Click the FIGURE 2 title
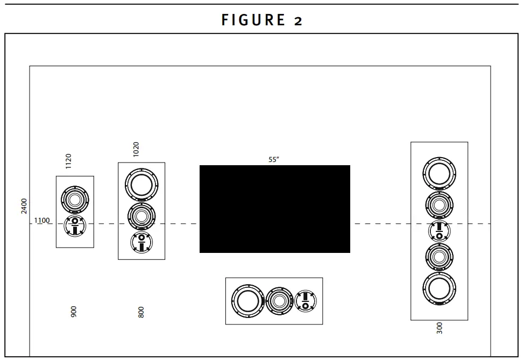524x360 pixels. click(x=262, y=20)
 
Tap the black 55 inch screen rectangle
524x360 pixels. click(x=274, y=209)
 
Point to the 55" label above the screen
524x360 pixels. click(x=274, y=159)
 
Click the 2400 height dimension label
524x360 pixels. click(x=24, y=206)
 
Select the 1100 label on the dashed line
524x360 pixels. click(x=42, y=220)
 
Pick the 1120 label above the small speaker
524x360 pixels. click(x=68, y=161)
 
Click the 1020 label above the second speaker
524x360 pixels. click(x=136, y=149)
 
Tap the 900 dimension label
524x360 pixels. click(x=74, y=312)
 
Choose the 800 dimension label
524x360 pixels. click(x=141, y=312)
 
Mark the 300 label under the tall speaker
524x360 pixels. click(x=440, y=328)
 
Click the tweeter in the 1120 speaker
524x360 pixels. click(x=74, y=225)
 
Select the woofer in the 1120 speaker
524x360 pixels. click(x=74, y=200)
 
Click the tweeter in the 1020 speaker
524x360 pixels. click(x=141, y=242)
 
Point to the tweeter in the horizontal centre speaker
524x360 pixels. click(x=306, y=301)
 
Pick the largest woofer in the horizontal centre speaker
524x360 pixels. click(x=248, y=301)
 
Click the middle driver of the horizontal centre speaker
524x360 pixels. click(x=279, y=301)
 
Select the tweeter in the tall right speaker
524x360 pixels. click(x=440, y=231)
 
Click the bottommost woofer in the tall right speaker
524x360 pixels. click(x=440, y=288)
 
